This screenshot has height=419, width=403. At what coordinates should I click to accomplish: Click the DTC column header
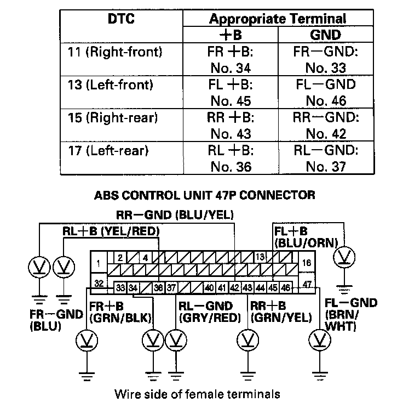click(121, 20)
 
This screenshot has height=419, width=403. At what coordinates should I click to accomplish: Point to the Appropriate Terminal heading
click(278, 19)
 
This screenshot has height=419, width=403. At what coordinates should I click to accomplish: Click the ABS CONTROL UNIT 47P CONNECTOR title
click(204, 195)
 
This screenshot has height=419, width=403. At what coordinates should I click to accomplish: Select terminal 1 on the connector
click(98, 263)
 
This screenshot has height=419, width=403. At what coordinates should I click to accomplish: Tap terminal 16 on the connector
click(307, 263)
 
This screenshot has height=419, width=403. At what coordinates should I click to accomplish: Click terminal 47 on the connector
click(307, 284)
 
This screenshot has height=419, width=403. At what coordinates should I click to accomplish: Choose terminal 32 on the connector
click(99, 284)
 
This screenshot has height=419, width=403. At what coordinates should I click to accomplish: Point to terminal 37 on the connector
click(171, 287)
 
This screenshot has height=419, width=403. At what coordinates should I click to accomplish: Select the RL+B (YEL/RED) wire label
click(111, 231)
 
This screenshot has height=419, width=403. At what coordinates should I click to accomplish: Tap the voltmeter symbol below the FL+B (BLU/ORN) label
click(345, 256)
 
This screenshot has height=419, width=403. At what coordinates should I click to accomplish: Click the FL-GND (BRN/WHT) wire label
click(350, 315)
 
